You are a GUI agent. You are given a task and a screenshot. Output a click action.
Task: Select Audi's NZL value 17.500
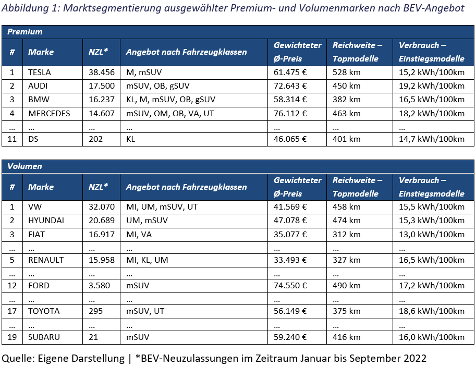click(x=102, y=86)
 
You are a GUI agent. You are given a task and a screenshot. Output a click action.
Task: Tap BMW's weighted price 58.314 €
click(x=290, y=100)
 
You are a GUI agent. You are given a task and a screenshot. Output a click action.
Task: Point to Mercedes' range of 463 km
click(x=346, y=114)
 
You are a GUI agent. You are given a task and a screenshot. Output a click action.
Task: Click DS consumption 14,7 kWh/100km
click(x=432, y=139)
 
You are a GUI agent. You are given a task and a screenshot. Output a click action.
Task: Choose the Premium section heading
click(x=25, y=32)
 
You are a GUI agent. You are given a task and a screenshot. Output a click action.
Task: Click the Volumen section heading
click(x=25, y=166)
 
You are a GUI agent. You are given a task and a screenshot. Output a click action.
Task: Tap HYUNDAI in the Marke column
click(x=46, y=221)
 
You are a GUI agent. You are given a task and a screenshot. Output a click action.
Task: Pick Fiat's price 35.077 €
click(x=290, y=235)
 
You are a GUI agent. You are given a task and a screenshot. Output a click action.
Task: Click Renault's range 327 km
click(x=346, y=260)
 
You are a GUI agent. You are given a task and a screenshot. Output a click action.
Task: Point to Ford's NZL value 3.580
click(x=99, y=286)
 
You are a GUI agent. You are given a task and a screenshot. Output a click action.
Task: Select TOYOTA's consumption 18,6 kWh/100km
click(x=432, y=311)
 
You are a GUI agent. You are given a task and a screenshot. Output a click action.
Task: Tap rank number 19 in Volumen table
click(x=12, y=337)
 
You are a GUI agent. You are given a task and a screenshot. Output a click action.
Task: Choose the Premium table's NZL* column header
click(x=99, y=52)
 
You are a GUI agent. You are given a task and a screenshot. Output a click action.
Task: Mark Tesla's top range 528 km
click(x=346, y=72)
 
